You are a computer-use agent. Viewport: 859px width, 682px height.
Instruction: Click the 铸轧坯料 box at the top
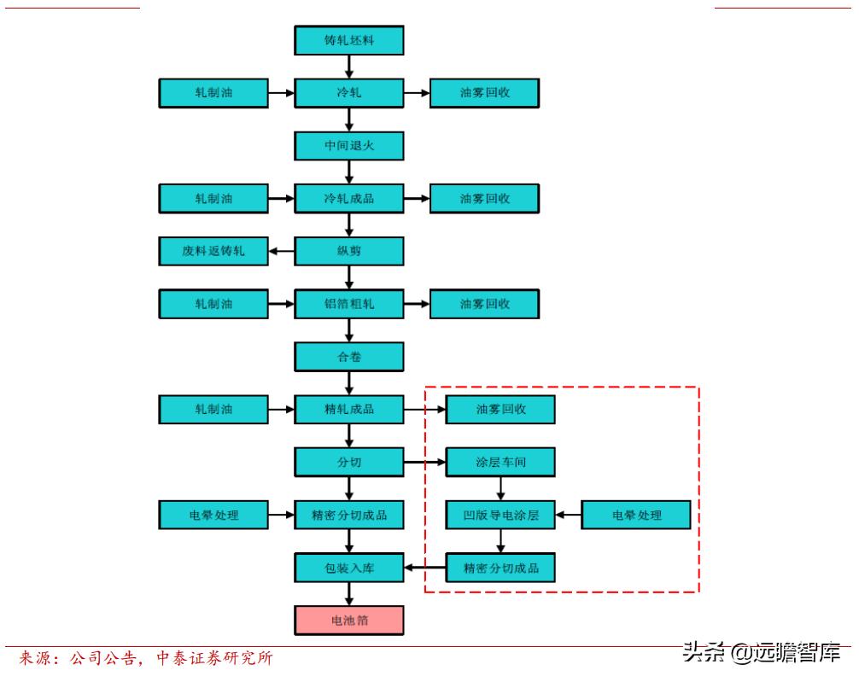(x=348, y=41)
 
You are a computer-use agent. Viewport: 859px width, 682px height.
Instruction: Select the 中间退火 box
(x=348, y=146)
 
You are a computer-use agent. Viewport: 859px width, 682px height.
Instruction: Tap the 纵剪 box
(x=348, y=251)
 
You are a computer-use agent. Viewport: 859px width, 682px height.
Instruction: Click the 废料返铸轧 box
(x=213, y=251)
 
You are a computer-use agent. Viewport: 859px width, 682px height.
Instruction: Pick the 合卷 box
(x=348, y=357)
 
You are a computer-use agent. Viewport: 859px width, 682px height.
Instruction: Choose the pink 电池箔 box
(x=348, y=621)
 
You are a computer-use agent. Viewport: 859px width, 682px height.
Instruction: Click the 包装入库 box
(x=348, y=568)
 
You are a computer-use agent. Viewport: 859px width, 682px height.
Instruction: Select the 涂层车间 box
(x=500, y=463)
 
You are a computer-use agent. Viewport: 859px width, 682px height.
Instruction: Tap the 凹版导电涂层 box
(x=500, y=516)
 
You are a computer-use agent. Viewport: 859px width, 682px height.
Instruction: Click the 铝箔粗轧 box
(x=348, y=304)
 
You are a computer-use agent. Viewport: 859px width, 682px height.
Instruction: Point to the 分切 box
(x=348, y=463)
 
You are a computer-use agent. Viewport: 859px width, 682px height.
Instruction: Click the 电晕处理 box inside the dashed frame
(x=636, y=516)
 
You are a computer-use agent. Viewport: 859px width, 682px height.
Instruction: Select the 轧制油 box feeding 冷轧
(x=213, y=93)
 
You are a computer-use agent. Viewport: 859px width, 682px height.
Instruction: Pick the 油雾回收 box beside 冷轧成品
(x=484, y=199)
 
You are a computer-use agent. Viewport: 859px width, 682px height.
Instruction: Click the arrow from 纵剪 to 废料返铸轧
(x=282, y=251)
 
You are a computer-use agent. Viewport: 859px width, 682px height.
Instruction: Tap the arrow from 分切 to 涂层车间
(x=424, y=463)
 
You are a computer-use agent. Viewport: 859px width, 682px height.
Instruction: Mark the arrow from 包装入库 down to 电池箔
(x=348, y=594)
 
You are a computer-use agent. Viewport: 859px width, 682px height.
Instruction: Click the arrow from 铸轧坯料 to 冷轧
(x=348, y=67)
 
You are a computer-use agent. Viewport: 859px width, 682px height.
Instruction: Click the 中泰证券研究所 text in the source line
(x=214, y=658)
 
